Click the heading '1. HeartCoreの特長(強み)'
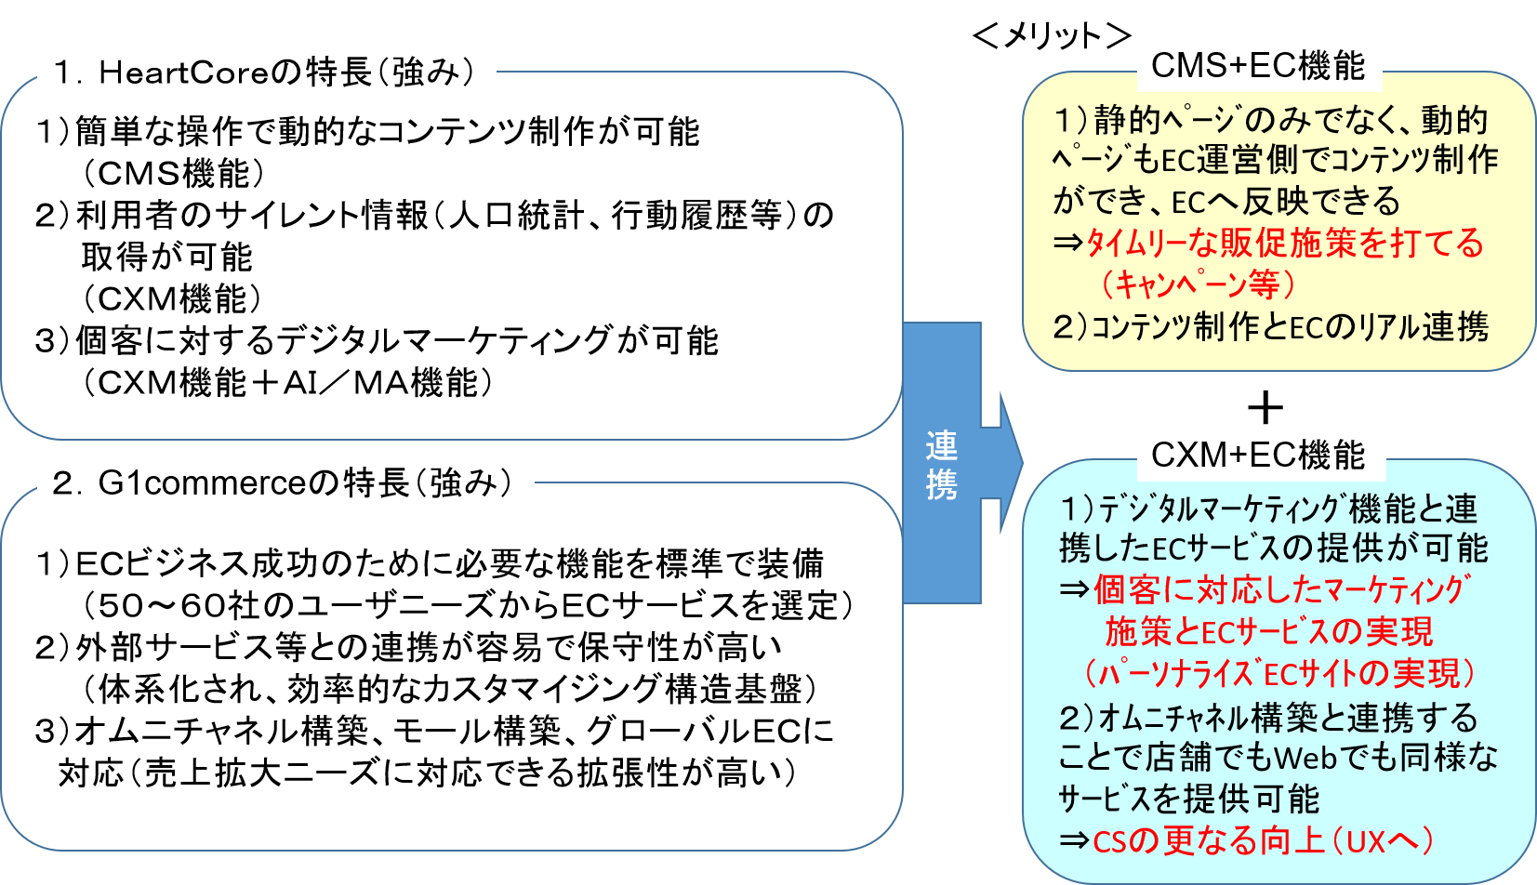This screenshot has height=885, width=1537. [x=266, y=72]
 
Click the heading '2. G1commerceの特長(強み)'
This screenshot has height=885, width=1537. [x=285, y=482]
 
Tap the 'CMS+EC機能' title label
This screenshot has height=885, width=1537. [x=1258, y=65]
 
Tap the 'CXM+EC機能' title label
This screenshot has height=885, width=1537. [x=1258, y=455]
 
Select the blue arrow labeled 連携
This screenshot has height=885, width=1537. [x=943, y=463]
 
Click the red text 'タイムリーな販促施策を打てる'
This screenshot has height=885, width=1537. [x=1284, y=243]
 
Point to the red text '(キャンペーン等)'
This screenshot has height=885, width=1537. [x=1198, y=284]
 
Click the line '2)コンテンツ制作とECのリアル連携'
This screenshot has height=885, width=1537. [x=1270, y=326]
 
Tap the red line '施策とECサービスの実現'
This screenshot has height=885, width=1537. [x=1268, y=631]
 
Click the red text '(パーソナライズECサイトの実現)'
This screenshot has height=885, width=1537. [x=1280, y=673]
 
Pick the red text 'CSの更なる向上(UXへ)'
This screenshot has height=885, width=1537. [x=1263, y=840]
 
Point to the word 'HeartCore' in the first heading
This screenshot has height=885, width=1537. [x=183, y=72]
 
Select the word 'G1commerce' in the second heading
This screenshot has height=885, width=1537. [x=202, y=482]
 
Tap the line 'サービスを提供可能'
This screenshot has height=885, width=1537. [x=1189, y=799]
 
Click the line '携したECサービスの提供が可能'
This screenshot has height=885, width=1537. [x=1273, y=548]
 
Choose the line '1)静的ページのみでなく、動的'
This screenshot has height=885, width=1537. [x=1270, y=120]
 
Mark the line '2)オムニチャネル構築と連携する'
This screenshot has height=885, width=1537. [x=1268, y=717]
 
